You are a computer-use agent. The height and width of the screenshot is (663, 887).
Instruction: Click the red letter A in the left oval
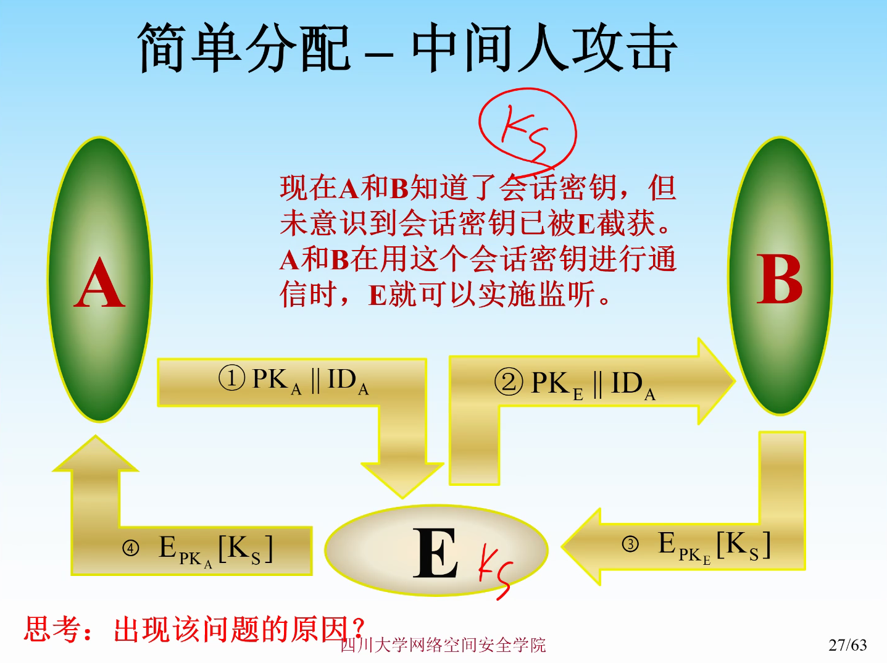99,284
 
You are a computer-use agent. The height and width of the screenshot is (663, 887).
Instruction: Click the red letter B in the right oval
779,279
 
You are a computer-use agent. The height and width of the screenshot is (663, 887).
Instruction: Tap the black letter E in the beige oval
435,553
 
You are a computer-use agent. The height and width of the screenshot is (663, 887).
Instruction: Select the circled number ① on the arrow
232,378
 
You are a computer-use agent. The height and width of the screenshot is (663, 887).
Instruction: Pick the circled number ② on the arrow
509,382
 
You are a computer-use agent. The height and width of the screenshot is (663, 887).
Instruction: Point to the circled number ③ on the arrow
630,544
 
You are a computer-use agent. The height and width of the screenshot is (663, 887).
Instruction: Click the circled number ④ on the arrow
130,548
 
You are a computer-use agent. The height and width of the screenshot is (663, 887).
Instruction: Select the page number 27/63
847,645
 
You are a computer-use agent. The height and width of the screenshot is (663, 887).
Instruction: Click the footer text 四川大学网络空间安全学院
443,646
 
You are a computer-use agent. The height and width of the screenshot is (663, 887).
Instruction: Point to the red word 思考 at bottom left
52,630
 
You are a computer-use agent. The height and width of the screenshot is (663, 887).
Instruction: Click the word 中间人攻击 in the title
544,48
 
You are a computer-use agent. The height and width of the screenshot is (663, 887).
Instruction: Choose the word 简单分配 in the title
244,48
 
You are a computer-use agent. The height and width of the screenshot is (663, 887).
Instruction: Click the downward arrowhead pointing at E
402,478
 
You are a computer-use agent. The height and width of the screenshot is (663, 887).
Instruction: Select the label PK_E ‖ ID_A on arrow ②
593,384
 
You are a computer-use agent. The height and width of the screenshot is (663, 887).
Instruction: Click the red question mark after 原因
358,628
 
